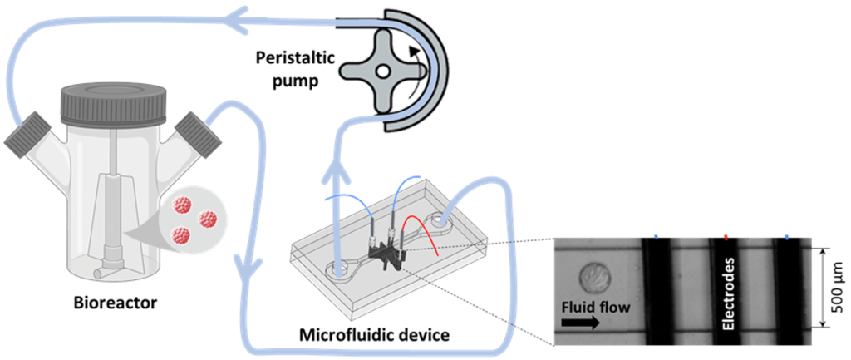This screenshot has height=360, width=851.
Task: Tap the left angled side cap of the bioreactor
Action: pos(29,136)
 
